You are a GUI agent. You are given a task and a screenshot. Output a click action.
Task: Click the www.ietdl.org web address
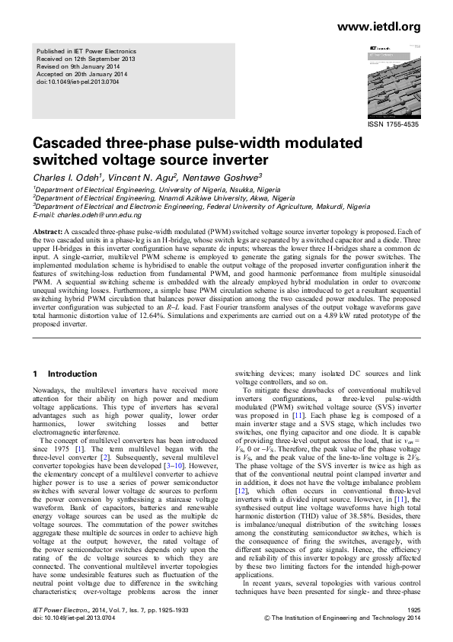click(378, 27)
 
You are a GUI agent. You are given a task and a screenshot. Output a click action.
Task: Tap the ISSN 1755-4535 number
click(393, 124)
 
